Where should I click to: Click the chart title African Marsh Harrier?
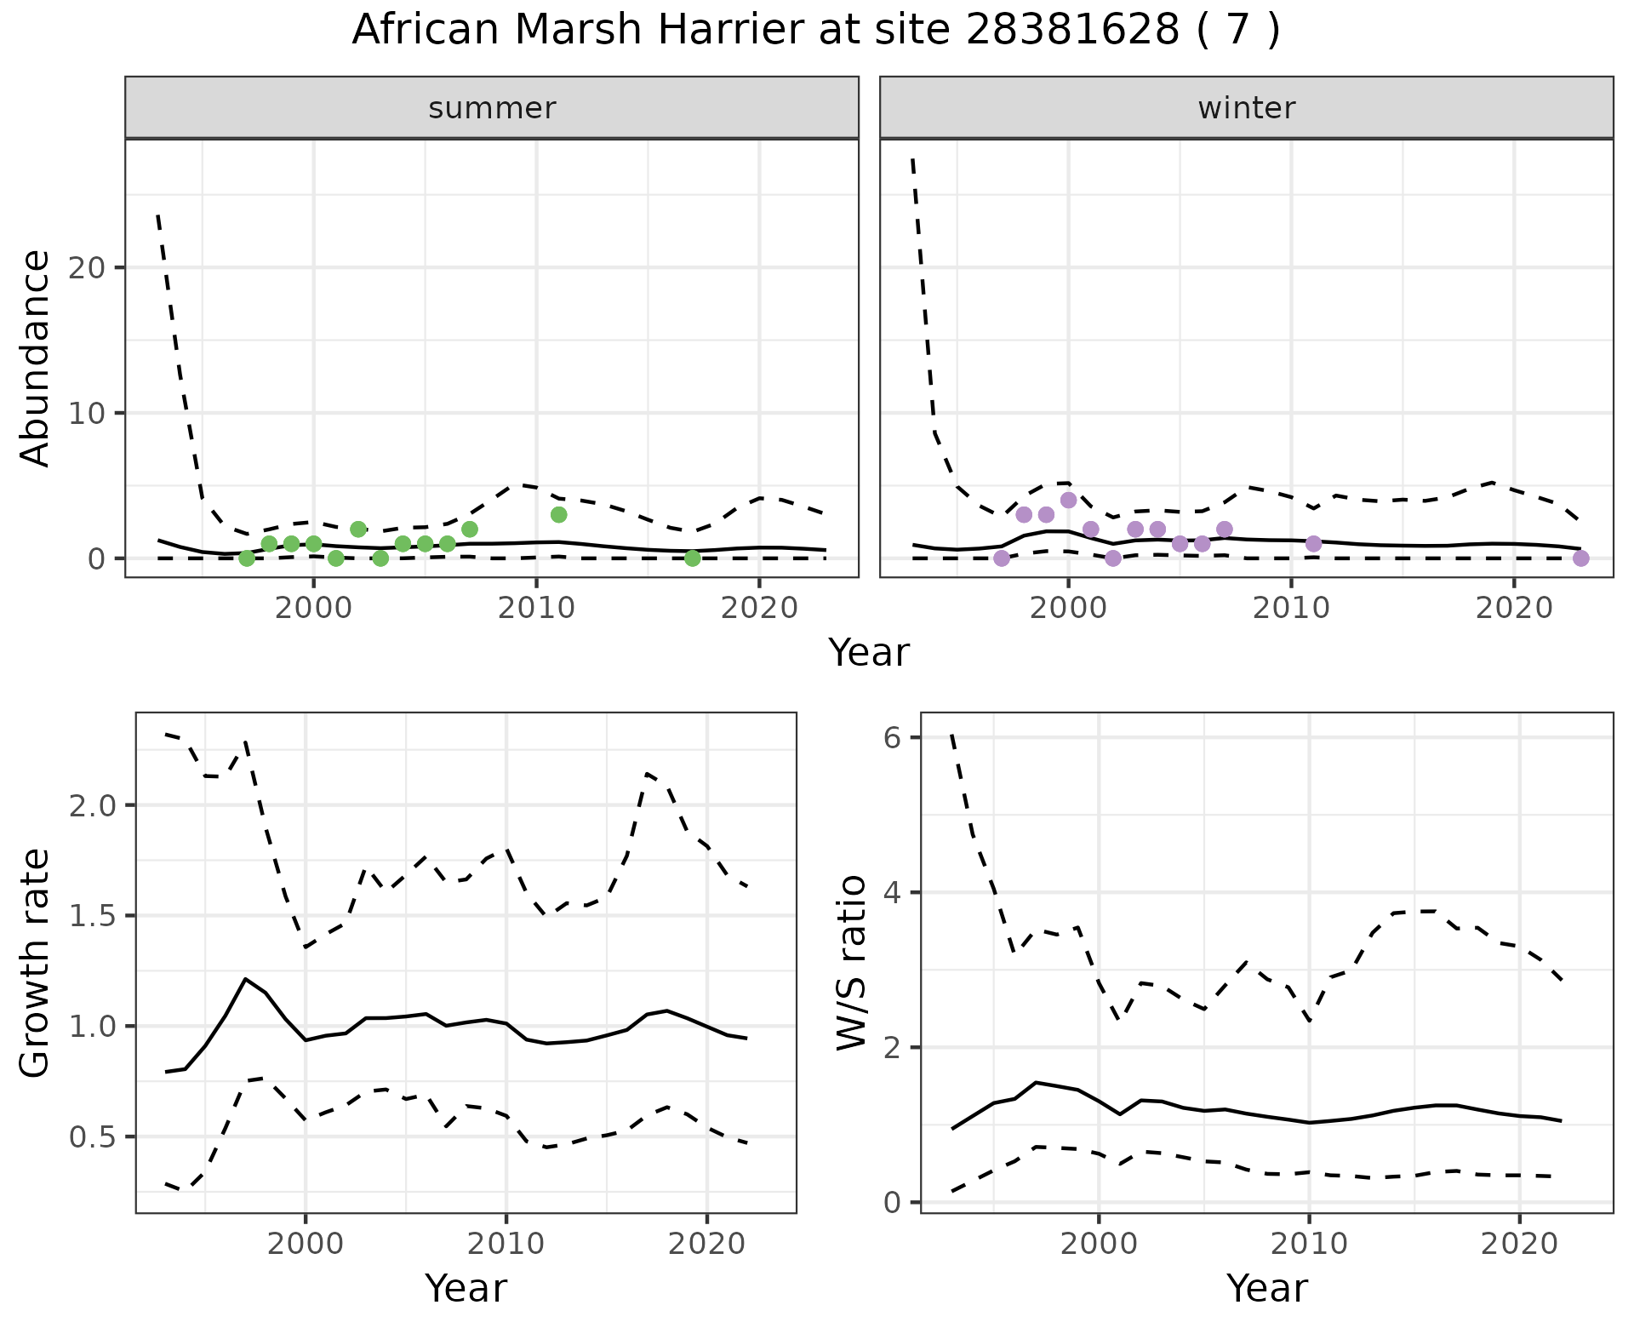coord(815,31)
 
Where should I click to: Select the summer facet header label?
coord(492,108)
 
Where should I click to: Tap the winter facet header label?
coord(1246,108)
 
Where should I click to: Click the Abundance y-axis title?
coord(36,358)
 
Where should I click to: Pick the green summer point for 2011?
coord(558,514)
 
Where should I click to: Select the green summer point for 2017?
coord(693,558)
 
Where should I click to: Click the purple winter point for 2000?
coord(1068,500)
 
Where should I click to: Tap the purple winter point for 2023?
coord(1581,558)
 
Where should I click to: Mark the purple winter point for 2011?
coord(1313,543)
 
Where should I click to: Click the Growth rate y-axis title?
coord(36,964)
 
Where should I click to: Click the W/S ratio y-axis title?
coord(851,962)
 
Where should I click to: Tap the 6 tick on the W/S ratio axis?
coord(892,737)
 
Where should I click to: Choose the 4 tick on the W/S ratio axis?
coord(892,892)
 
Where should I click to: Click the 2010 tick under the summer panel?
coord(536,609)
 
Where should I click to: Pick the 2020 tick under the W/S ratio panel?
coord(1519,1245)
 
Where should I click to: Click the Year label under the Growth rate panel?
coord(466,1289)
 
